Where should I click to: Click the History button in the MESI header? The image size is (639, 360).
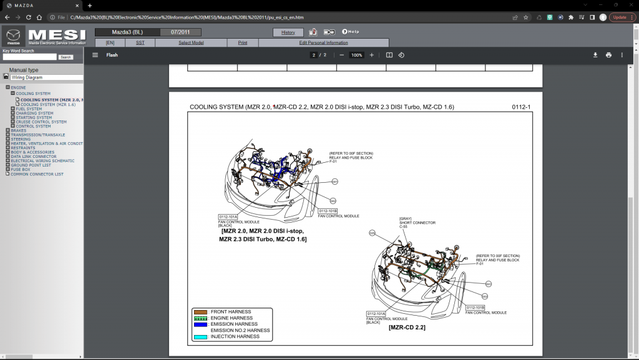pyautogui.click(x=288, y=32)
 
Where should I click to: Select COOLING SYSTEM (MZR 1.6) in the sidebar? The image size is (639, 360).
pyautogui.click(x=48, y=104)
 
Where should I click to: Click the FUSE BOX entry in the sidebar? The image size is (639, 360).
pyautogui.click(x=21, y=169)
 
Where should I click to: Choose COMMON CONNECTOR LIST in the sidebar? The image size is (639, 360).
pyautogui.click(x=37, y=174)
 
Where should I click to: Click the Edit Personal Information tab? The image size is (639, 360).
pyautogui.click(x=323, y=43)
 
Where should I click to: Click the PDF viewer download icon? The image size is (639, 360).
pyautogui.click(x=595, y=55)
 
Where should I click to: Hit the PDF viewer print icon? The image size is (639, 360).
pyautogui.click(x=608, y=55)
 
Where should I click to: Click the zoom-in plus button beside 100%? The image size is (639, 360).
pyautogui.click(x=372, y=55)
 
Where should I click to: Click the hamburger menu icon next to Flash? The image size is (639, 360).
pyautogui.click(x=95, y=55)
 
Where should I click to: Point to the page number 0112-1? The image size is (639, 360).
pyautogui.click(x=520, y=107)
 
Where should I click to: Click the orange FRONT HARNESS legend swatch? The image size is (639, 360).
pyautogui.click(x=200, y=311)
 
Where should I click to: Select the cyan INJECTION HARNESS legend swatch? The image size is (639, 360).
pyautogui.click(x=200, y=337)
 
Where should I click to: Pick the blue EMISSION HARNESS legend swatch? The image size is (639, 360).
pyautogui.click(x=200, y=324)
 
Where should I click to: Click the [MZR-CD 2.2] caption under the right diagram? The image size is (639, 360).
pyautogui.click(x=407, y=327)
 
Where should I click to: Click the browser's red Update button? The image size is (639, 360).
pyautogui.click(x=620, y=17)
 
